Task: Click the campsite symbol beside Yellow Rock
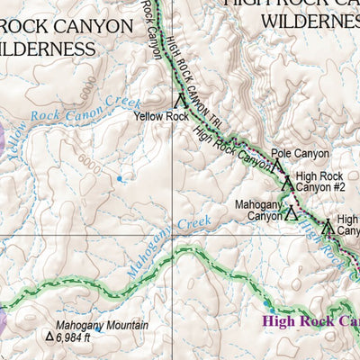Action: click(x=181, y=102)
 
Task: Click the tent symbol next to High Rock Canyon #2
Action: click(x=287, y=182)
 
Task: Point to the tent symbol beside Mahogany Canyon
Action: click(x=291, y=213)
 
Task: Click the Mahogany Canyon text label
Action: click(x=259, y=210)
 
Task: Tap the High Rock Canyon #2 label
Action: click(x=320, y=182)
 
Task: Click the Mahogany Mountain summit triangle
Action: click(x=49, y=337)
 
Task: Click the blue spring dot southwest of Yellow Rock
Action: click(x=119, y=178)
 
